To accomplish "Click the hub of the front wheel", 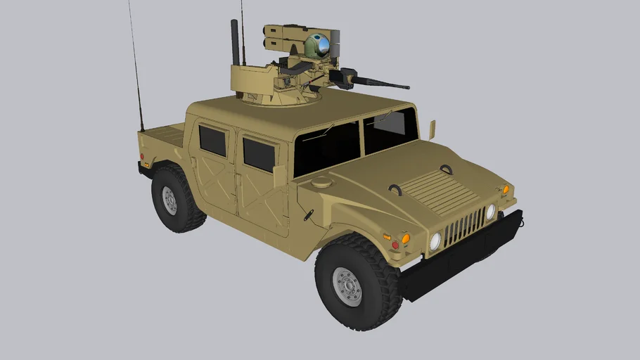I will pyautogui.click(x=347, y=286).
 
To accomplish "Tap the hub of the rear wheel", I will pyautogui.click(x=169, y=200).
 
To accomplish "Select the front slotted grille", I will pyautogui.click(x=463, y=226).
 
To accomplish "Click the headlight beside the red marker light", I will pyautogui.click(x=435, y=241).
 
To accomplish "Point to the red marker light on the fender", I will pyautogui.click(x=395, y=245).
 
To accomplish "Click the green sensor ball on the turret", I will pyautogui.click(x=316, y=46).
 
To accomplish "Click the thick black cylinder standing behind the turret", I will pyautogui.click(x=235, y=43).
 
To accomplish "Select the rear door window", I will pyautogui.click(x=212, y=141).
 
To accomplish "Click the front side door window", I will pyautogui.click(x=259, y=154).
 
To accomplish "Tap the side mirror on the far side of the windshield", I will pyautogui.click(x=432, y=129).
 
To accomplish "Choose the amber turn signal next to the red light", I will pyautogui.click(x=405, y=238).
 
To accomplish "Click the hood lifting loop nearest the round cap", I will pyautogui.click(x=395, y=189).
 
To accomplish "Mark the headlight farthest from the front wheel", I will pyautogui.click(x=490, y=212).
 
